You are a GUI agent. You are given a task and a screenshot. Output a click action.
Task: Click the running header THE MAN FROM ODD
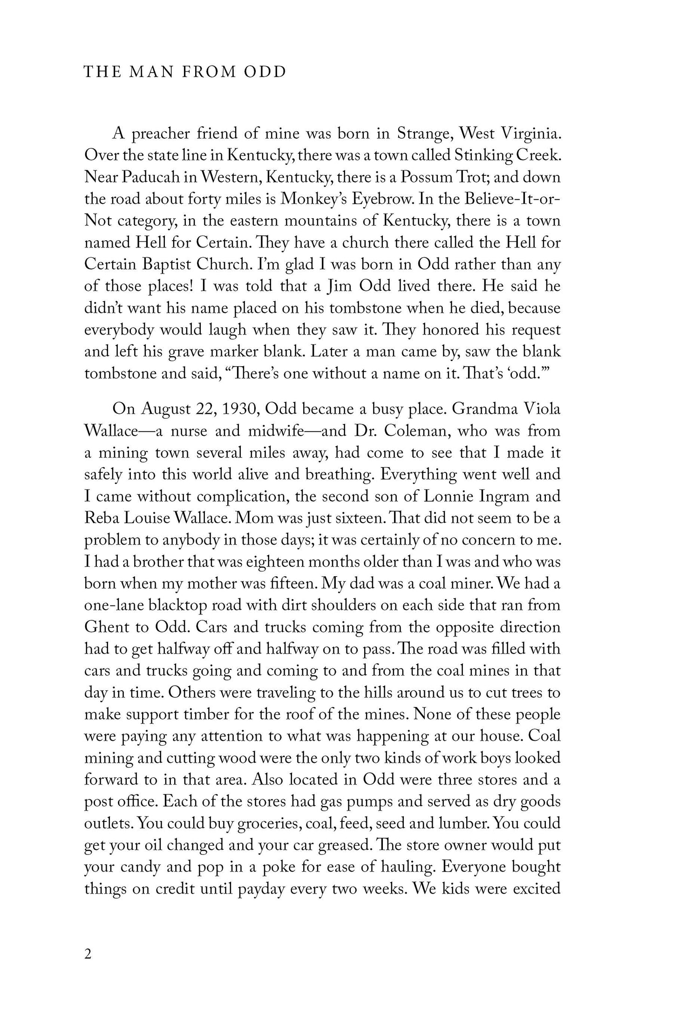tap(184, 73)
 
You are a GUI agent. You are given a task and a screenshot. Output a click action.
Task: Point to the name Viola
tap(543, 409)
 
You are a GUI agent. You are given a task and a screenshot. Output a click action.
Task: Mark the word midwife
tap(281, 431)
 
